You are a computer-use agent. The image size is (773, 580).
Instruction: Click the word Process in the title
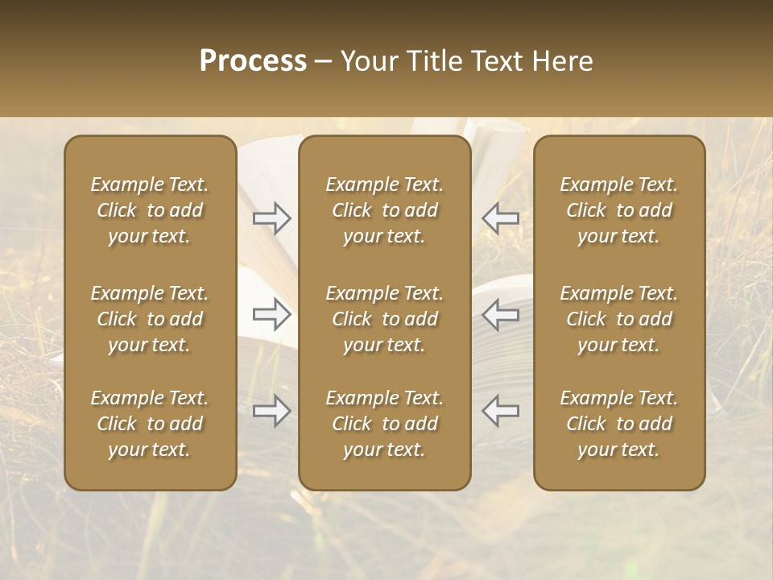[253, 61]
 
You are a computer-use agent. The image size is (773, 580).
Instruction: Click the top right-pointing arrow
[272, 218]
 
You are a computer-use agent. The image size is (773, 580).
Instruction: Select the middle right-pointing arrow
[272, 314]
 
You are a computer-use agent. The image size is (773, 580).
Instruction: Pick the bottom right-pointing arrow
[272, 411]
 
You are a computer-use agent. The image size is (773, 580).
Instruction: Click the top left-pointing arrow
[501, 218]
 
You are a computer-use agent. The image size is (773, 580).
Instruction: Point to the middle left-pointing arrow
[501, 314]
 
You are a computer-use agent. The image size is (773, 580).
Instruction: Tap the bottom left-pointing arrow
[501, 411]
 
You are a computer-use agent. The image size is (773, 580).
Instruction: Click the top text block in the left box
[150, 210]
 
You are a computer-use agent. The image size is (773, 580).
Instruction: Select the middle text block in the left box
[150, 319]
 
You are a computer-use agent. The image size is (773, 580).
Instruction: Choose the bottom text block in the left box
[150, 424]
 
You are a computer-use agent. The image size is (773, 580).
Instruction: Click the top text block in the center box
[385, 210]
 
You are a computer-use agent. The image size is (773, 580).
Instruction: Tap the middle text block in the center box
[385, 319]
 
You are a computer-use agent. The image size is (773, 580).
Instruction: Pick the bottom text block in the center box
[385, 424]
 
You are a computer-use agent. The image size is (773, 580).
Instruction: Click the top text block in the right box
[619, 210]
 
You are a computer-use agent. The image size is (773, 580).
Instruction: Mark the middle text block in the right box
[619, 319]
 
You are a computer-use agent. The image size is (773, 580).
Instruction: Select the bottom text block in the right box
[619, 424]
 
